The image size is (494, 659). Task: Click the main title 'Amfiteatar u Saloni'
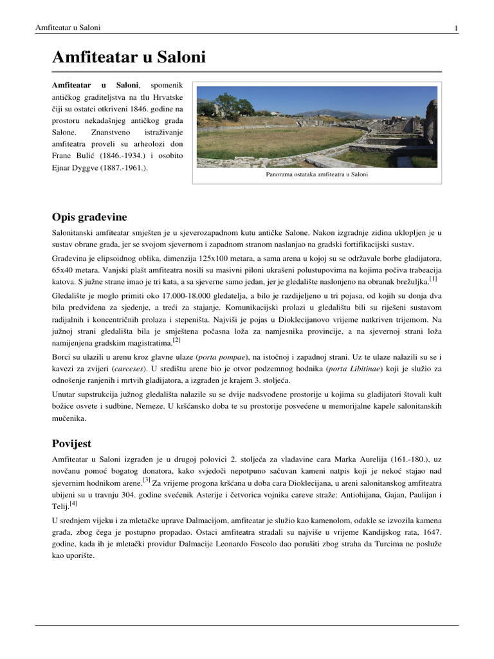click(x=129, y=58)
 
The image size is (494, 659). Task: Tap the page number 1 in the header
click(x=456, y=28)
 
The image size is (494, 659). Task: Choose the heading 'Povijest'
click(x=72, y=443)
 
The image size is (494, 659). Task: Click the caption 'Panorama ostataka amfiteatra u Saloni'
click(x=316, y=174)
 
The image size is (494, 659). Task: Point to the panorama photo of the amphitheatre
click(x=316, y=127)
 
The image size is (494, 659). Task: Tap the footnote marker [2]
click(x=176, y=339)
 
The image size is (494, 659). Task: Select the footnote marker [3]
click(x=147, y=479)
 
